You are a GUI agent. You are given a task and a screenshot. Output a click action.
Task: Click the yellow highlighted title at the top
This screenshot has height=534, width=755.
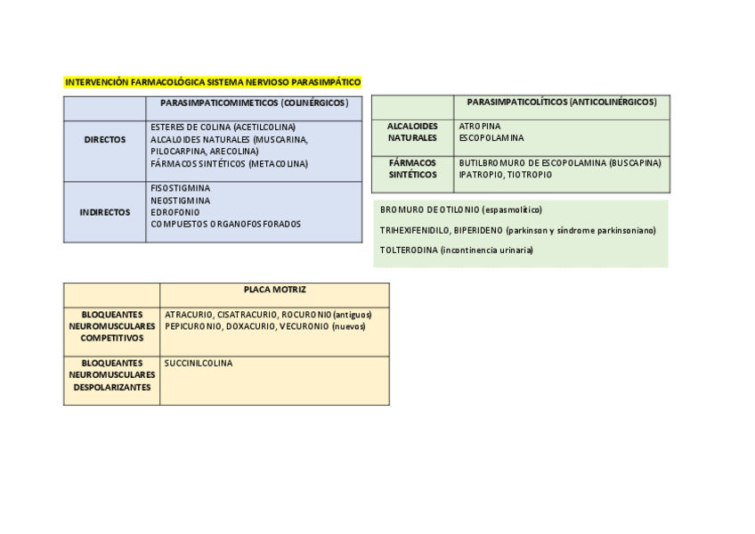(x=213, y=82)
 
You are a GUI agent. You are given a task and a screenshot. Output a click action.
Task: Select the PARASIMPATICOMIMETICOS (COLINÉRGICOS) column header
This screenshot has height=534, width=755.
(x=254, y=103)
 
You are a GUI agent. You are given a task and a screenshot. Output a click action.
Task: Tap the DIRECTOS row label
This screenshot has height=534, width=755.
(x=105, y=140)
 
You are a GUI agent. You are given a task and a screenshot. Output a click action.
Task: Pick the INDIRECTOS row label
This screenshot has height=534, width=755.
(x=105, y=212)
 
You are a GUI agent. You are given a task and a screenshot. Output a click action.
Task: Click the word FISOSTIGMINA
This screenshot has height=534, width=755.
(x=181, y=188)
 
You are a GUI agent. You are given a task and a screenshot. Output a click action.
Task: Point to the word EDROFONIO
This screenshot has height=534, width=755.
(x=175, y=212)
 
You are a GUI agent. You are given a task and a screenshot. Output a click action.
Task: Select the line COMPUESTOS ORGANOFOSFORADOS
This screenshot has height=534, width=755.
(x=226, y=224)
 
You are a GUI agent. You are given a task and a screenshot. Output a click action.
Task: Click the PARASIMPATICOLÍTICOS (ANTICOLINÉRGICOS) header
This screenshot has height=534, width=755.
(x=562, y=103)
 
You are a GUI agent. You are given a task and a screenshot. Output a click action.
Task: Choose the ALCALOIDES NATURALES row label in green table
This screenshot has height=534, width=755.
(x=412, y=132)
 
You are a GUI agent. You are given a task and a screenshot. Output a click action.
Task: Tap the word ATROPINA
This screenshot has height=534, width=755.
(x=480, y=127)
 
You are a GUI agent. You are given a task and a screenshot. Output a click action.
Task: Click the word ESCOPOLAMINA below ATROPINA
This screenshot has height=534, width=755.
(x=491, y=138)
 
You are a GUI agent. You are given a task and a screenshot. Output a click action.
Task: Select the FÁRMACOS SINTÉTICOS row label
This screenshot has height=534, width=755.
(x=412, y=168)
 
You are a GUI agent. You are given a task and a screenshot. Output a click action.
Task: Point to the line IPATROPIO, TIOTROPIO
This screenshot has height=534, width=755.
(x=506, y=175)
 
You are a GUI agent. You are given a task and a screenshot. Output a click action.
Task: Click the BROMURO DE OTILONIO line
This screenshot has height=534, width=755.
(x=460, y=209)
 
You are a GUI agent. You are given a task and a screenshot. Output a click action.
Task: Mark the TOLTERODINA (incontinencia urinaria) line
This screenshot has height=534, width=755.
(x=456, y=251)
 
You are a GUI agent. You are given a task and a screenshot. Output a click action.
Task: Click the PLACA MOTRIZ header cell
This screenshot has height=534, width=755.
(x=274, y=290)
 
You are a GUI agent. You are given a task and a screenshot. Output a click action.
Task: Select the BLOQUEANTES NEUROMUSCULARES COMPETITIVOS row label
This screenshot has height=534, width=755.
(x=112, y=326)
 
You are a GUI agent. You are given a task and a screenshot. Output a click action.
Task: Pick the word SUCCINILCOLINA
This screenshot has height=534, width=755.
(x=199, y=364)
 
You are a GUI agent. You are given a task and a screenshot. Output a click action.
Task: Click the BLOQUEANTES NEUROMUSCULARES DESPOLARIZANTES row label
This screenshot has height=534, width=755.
(x=112, y=375)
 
